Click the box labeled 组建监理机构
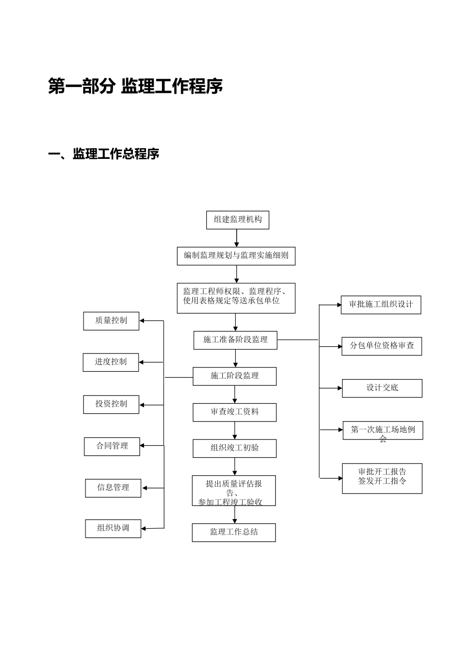point(237,220)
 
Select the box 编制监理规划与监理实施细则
point(236,256)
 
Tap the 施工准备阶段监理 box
point(235,340)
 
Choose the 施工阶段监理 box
point(234,376)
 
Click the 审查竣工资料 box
point(234,412)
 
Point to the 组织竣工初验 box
point(234,448)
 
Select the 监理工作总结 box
point(234,532)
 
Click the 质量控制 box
point(111,321)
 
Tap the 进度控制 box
point(111,362)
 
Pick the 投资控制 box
point(111,404)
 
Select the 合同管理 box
point(112,446)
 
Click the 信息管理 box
point(113,488)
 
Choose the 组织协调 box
point(113,528)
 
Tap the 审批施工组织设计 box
point(381,305)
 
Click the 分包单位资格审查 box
point(382,346)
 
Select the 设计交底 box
point(382,388)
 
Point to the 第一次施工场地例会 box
point(383,430)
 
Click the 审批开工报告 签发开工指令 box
point(382,478)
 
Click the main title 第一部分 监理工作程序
point(136,86)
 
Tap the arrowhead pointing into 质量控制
point(143,321)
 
